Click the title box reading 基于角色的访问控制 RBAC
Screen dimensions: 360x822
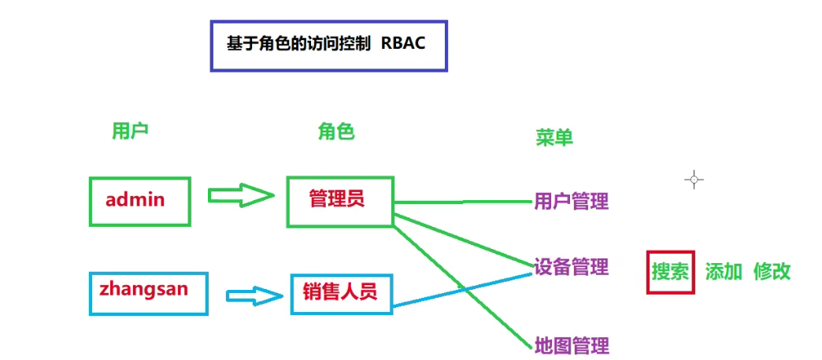[x=328, y=45]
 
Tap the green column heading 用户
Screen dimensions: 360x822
[x=130, y=132]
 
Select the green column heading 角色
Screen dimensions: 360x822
[x=336, y=132]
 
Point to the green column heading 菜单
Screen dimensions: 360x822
[x=554, y=137]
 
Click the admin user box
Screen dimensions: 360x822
[x=139, y=201]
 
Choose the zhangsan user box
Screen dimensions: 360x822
[x=148, y=291]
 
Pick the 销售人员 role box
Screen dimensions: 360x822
[x=341, y=293]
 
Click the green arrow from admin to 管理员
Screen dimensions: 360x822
[x=240, y=196]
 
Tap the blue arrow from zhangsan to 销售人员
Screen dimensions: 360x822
[x=254, y=296]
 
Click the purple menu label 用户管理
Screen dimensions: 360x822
[x=572, y=202]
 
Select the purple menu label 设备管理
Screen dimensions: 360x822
[x=572, y=267]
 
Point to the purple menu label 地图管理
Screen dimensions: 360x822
[x=572, y=345]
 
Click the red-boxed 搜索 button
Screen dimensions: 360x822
[x=670, y=272]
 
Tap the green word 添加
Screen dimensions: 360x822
[x=724, y=272]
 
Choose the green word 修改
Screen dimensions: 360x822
[x=772, y=272]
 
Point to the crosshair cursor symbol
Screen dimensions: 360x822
[x=694, y=180]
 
